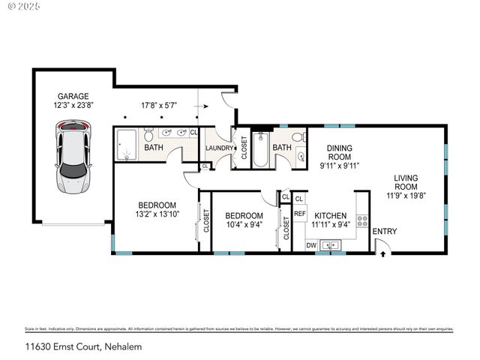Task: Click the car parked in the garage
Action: (x=73, y=158)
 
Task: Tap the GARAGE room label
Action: (x=73, y=96)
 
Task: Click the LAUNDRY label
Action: (x=219, y=148)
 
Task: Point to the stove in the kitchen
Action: (x=362, y=220)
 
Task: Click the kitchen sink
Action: (x=329, y=244)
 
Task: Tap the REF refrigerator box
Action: (x=300, y=214)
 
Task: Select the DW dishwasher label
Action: (x=310, y=245)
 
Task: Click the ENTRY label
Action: (x=385, y=232)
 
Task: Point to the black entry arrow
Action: (x=383, y=254)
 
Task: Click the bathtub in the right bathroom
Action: (x=259, y=149)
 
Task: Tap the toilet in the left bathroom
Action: (x=148, y=136)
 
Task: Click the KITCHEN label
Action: (x=331, y=215)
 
